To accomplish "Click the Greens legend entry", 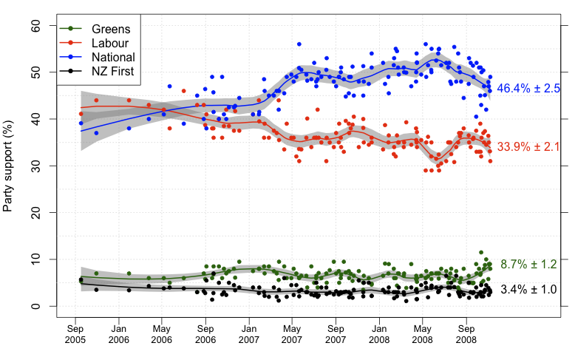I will click(110, 29).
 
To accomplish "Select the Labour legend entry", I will click(110, 43).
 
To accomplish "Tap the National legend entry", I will click(112, 57).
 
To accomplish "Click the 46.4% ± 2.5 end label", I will click(528, 89).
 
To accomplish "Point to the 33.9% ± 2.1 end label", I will click(528, 147).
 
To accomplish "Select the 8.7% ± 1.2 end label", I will click(528, 264).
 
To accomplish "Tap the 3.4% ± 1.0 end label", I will click(528, 289).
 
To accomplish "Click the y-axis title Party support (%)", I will click(8, 166).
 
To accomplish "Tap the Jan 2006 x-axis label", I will click(119, 333).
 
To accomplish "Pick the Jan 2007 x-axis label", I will click(249, 333).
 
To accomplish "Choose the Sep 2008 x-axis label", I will click(466, 333).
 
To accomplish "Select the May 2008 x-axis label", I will click(423, 333).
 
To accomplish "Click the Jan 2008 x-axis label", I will click(379, 333).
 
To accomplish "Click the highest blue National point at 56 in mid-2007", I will click(299, 44).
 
